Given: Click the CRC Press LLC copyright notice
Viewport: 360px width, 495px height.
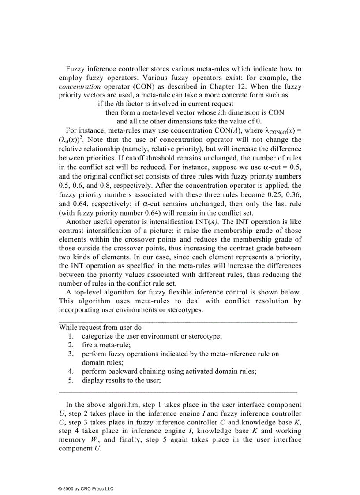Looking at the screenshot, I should tap(86, 488).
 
